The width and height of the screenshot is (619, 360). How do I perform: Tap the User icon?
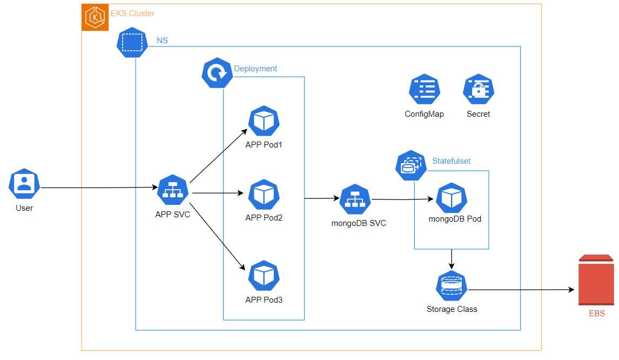click(24, 184)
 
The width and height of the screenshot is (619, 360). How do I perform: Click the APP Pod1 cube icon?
click(264, 122)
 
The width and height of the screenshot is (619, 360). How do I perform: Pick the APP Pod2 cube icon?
click(264, 195)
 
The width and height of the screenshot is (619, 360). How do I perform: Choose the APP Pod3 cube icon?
click(264, 276)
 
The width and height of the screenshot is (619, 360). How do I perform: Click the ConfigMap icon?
click(425, 89)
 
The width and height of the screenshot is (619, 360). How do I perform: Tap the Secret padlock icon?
click(479, 89)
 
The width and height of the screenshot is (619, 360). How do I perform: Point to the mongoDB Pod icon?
click(451, 198)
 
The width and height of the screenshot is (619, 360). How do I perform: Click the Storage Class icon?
click(451, 286)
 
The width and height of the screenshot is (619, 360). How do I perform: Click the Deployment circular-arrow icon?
click(217, 73)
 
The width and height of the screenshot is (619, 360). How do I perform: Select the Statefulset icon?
click(411, 165)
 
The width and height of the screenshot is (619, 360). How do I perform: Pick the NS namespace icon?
click(132, 43)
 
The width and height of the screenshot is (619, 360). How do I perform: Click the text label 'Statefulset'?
click(451, 161)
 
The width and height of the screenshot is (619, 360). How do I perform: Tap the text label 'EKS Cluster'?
click(132, 13)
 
